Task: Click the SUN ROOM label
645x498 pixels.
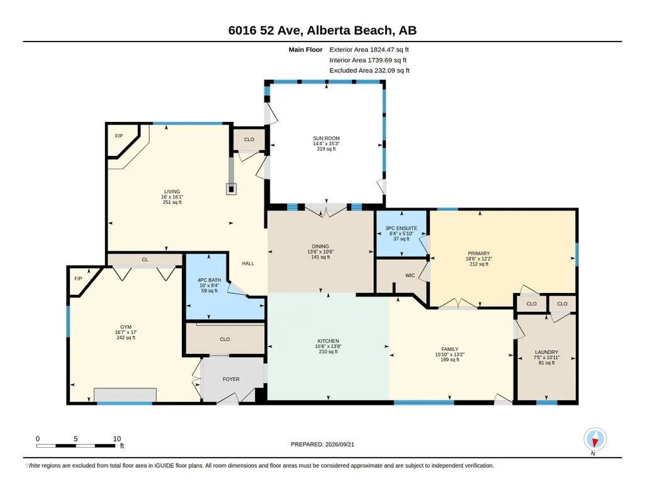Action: click(326, 138)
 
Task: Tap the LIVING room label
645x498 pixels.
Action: click(172, 192)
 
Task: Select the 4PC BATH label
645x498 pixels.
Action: click(210, 280)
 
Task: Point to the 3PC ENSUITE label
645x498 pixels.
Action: click(401, 228)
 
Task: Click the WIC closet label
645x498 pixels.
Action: click(410, 275)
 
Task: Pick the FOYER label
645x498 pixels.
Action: click(231, 379)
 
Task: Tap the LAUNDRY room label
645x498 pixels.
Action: click(546, 352)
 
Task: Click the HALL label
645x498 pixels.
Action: click(248, 263)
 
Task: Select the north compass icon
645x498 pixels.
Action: click(595, 440)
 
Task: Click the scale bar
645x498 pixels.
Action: click(76, 445)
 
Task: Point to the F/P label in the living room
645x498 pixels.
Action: click(119, 136)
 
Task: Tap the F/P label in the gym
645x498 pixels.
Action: click(78, 279)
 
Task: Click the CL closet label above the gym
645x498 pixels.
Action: click(145, 260)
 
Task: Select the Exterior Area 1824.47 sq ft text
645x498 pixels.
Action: click(369, 50)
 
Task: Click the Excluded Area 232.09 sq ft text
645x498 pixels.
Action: click(369, 70)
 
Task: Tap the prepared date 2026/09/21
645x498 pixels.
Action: click(340, 444)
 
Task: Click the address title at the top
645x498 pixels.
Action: click(322, 30)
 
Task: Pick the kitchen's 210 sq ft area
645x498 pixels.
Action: click(328, 351)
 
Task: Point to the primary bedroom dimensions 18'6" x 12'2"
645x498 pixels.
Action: click(479, 259)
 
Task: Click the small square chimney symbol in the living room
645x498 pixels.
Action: click(232, 189)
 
